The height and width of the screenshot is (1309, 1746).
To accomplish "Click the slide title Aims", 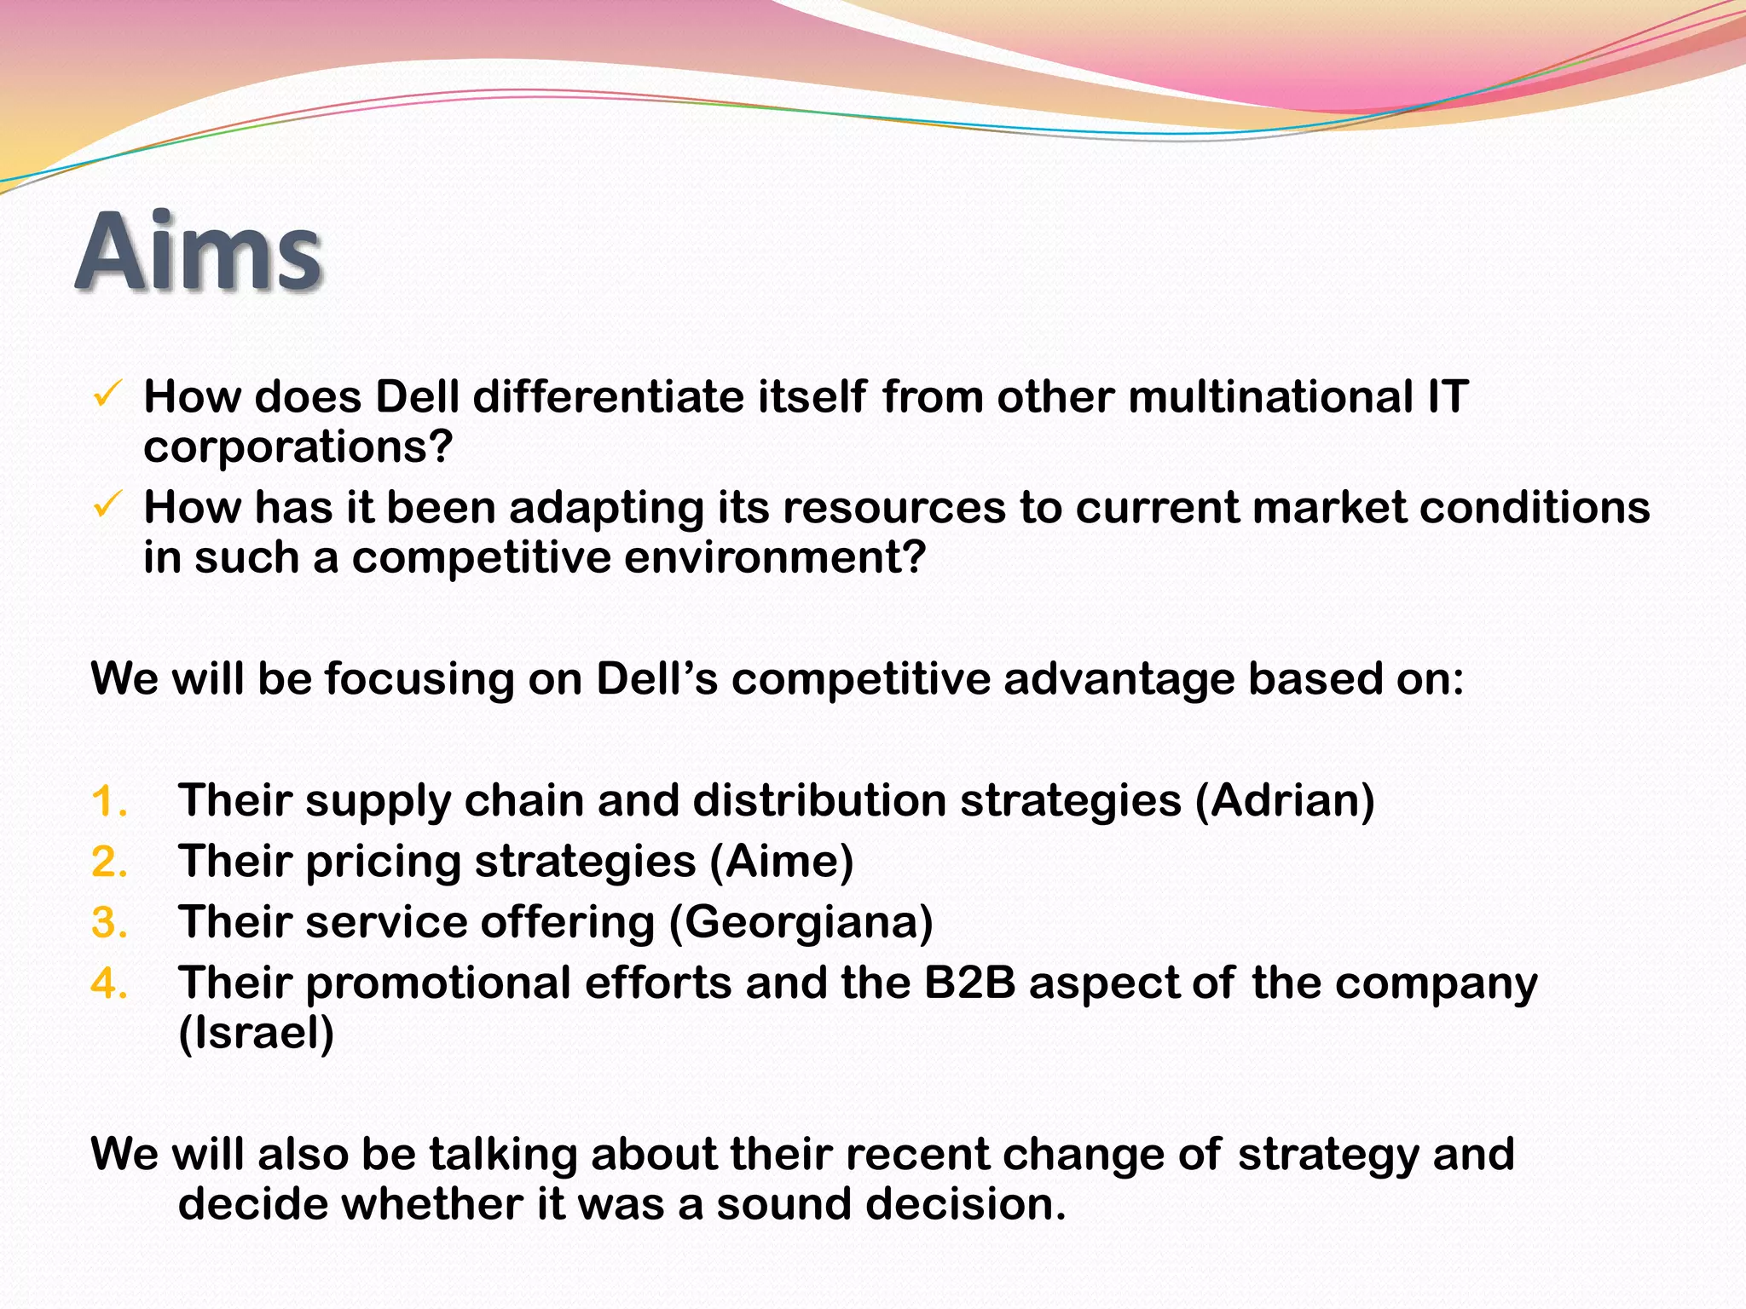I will [199, 252].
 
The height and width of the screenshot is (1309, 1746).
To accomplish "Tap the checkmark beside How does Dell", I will [108, 394].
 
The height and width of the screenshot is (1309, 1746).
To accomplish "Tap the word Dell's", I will [656, 679].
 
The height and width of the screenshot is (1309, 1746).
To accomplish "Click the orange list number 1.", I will [109, 802].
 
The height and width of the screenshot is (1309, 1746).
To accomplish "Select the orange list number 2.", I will [109, 862].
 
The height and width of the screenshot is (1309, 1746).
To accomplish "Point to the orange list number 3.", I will [109, 923].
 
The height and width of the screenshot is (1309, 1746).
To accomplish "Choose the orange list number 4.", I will [109, 983].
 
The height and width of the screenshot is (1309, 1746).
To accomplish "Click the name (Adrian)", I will [1285, 802].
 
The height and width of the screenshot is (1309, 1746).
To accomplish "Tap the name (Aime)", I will [782, 862].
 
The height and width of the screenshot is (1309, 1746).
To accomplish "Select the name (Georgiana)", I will [801, 923].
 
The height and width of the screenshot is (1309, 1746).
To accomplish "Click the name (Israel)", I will [256, 1034].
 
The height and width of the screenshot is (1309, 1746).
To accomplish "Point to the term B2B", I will [969, 983].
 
